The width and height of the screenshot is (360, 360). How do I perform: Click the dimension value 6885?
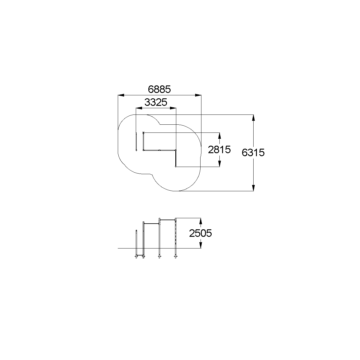(159, 89)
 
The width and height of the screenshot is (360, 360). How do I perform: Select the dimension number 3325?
(156, 102)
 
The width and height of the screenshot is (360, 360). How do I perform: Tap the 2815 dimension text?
(219, 150)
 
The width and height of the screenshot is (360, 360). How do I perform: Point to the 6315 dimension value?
(253, 153)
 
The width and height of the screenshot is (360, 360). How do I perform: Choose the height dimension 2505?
(201, 233)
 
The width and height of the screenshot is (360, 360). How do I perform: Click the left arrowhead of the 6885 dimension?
(121, 95)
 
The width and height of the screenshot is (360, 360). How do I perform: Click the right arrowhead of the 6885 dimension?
(198, 95)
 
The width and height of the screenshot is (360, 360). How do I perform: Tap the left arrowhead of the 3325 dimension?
(139, 108)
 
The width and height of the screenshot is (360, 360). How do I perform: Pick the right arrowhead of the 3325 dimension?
(173, 108)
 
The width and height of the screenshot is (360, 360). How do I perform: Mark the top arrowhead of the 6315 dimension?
(253, 118)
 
